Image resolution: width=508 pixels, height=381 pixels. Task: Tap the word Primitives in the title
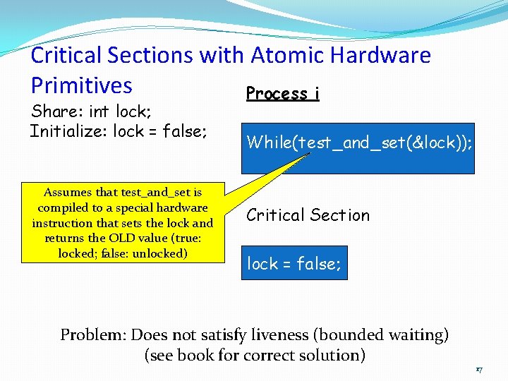coord(81,85)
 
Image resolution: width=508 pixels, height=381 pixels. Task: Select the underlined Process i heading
coord(282,94)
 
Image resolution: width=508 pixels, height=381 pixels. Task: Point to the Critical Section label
coord(308,215)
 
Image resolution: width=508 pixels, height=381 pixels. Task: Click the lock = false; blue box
coord(294,263)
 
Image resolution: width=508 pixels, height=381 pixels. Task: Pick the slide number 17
coord(478,369)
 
